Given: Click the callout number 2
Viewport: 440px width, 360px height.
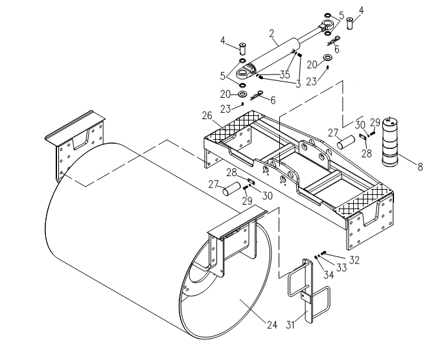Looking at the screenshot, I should (x=272, y=33).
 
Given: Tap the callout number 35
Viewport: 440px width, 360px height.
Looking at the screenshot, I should (x=284, y=74).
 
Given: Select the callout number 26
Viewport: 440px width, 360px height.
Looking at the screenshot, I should (x=207, y=116).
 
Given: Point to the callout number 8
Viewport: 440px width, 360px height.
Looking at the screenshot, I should (x=420, y=167).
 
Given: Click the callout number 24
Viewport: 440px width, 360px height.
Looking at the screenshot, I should (x=272, y=324).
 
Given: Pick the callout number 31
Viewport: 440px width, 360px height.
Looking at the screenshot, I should (x=292, y=324).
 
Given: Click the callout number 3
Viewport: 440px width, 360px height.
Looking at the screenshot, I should (x=297, y=83).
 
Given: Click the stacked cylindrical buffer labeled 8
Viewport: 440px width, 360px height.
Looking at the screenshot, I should (x=391, y=142).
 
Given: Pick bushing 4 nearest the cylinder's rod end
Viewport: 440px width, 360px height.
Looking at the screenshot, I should (x=351, y=24).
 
